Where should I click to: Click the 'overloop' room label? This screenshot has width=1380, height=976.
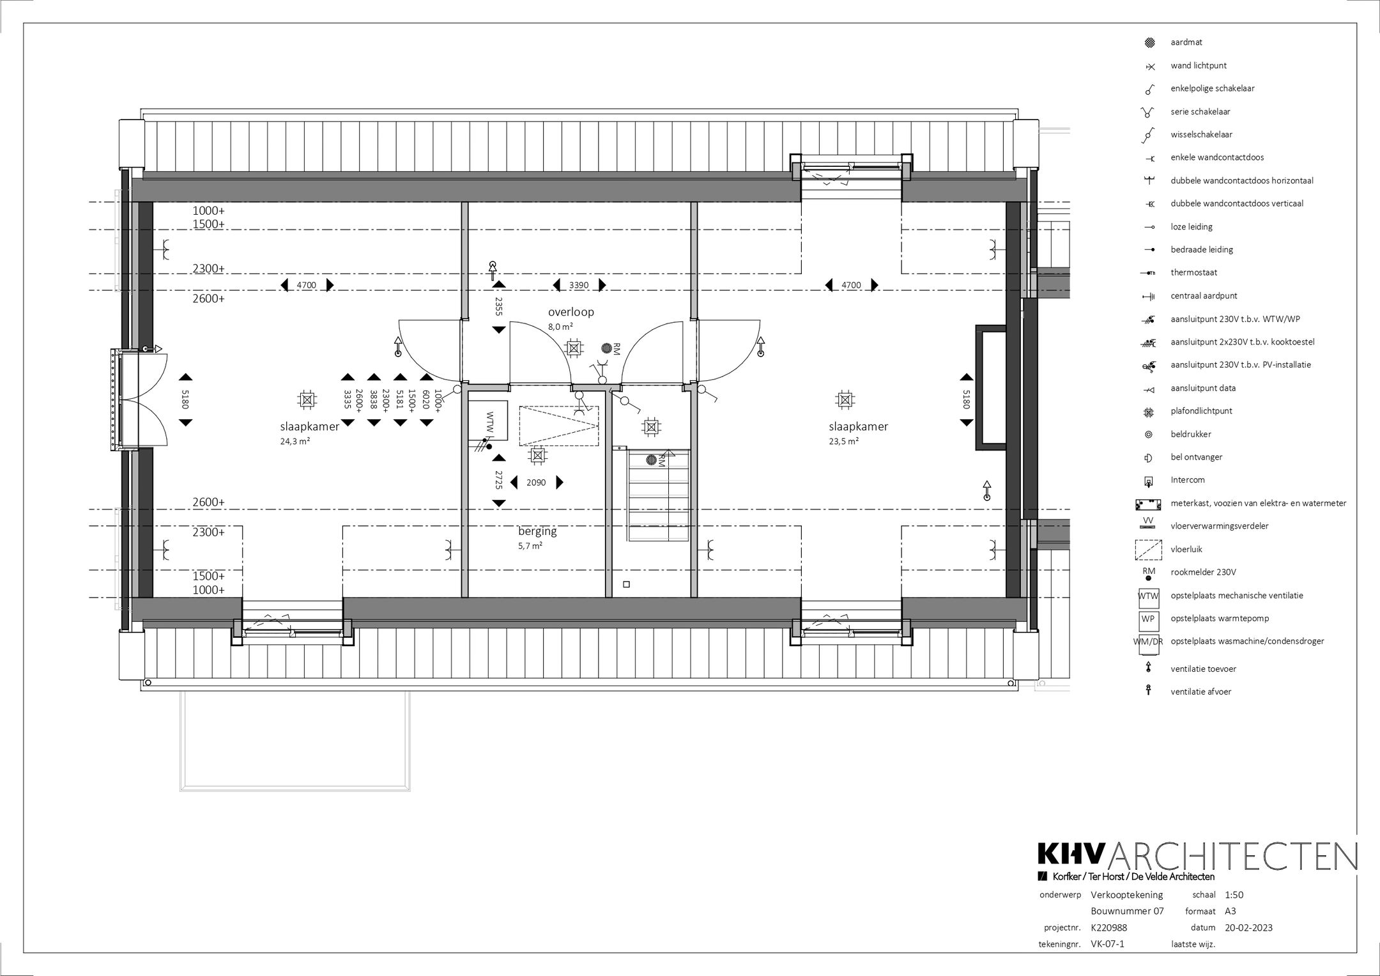571,312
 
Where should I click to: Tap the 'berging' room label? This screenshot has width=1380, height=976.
537,531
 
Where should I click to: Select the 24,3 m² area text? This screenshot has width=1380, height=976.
295,440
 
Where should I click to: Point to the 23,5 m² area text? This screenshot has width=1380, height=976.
844,440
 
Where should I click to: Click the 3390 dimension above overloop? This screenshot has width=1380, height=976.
579,285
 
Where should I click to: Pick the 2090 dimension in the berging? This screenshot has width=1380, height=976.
536,483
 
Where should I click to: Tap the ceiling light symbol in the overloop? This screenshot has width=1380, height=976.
574,348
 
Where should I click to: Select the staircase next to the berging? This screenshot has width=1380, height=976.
658,495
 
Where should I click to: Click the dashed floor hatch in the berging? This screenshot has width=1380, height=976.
559,426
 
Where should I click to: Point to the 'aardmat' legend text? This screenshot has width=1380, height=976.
1186,42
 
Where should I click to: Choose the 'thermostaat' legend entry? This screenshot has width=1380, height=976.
1193,272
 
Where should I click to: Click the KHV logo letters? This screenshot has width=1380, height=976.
1071,856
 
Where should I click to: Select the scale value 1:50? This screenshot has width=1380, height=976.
1234,895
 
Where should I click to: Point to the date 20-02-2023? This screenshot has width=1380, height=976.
1248,928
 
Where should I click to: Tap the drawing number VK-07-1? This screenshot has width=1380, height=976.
1107,944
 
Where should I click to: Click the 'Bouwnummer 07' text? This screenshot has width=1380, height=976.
1127,911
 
